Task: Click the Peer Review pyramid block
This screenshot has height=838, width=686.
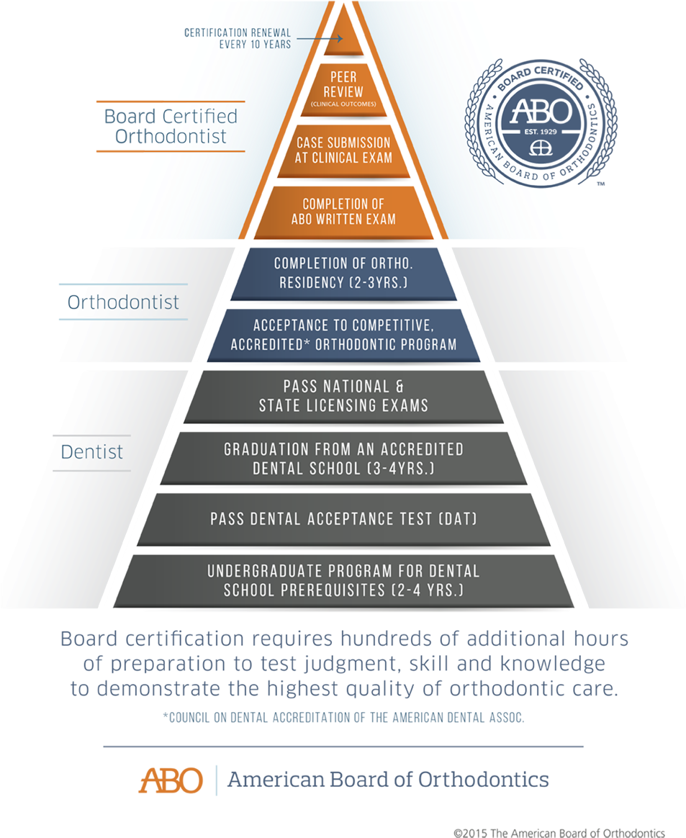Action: click(x=343, y=89)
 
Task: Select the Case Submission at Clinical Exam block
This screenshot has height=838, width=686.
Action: click(x=343, y=150)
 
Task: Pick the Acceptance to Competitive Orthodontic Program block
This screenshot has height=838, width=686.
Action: click(x=343, y=335)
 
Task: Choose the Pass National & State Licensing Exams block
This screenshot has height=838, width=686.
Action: click(x=343, y=396)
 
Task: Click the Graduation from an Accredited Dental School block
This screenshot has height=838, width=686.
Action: click(x=343, y=458)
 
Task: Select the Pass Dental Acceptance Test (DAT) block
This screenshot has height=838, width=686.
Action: click(x=343, y=518)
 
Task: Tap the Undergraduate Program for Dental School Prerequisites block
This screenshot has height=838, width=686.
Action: click(x=343, y=581)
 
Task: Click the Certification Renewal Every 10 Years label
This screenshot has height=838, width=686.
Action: click(x=238, y=38)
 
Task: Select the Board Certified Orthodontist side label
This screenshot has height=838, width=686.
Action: click(x=171, y=126)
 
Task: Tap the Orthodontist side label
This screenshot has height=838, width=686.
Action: click(x=123, y=302)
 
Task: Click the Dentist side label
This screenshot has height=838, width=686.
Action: click(x=91, y=452)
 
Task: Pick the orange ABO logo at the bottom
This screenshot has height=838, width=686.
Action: click(x=171, y=780)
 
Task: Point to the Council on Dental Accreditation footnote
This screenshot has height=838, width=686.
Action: click(x=343, y=718)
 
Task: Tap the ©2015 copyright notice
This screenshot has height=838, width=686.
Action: click(x=559, y=832)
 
